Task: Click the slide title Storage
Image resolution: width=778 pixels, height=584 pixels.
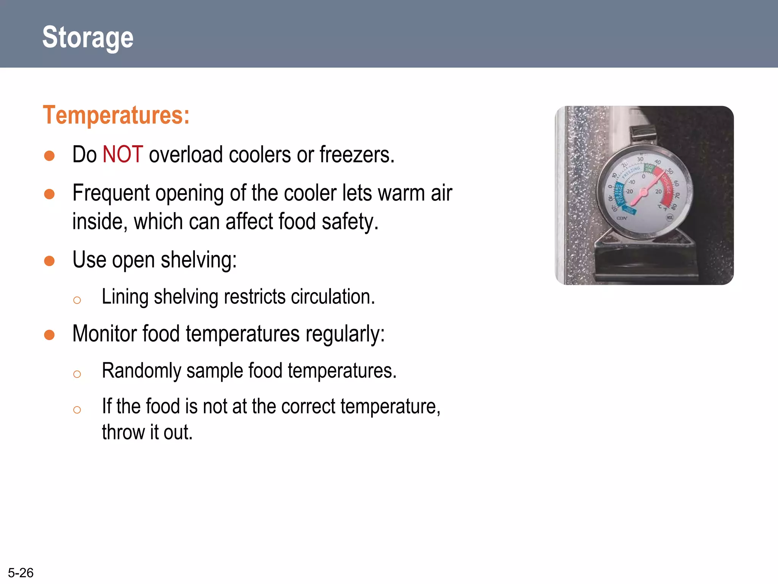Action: point(88,37)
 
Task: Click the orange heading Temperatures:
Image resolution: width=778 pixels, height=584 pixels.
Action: point(116,115)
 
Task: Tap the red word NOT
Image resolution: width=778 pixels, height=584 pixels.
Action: point(123,155)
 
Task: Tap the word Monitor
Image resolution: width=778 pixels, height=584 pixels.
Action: point(104,334)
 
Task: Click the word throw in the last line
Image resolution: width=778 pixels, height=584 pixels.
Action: point(123,432)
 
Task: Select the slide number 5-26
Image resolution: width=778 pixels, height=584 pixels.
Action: point(21,573)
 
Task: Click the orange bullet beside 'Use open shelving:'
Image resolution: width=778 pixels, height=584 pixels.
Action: point(49,261)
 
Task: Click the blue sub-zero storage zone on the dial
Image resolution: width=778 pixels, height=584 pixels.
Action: point(619,194)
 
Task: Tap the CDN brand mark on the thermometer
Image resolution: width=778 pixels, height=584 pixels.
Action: point(622,218)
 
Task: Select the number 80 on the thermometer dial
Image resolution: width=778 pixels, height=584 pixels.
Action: point(674,207)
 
